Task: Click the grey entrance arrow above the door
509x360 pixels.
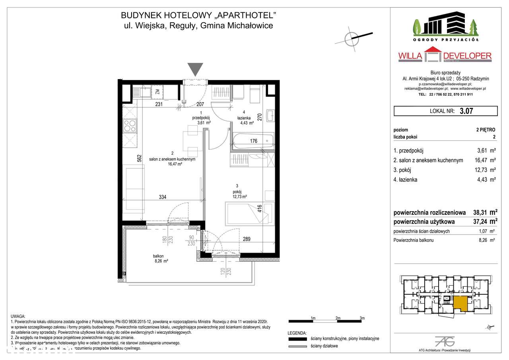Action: pyautogui.click(x=195, y=69)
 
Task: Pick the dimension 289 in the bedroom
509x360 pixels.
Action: pyautogui.click(x=247, y=239)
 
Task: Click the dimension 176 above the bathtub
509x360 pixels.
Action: pyautogui.click(x=253, y=140)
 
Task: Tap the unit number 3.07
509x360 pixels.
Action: pyautogui.click(x=466, y=111)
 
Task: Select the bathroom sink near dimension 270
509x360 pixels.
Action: pyautogui.click(x=271, y=115)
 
